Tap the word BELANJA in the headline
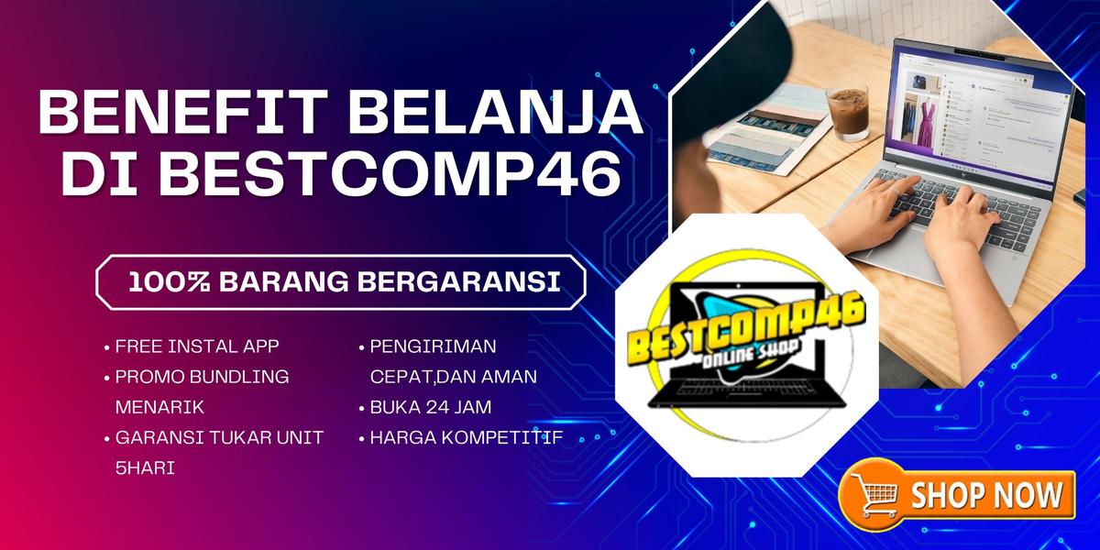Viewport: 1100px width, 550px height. tap(496, 111)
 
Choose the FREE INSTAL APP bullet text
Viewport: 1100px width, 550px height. tap(197, 346)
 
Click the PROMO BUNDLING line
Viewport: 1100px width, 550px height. tap(202, 377)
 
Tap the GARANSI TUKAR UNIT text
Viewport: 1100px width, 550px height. tap(219, 437)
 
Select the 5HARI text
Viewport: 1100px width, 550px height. tap(145, 468)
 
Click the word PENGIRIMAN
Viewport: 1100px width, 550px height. tap(433, 346)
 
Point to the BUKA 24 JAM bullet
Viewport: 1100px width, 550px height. tap(431, 408)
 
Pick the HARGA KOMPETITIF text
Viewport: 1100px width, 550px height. tap(466, 437)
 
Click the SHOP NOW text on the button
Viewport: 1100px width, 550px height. tap(986, 495)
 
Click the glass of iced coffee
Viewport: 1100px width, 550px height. tap(848, 113)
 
